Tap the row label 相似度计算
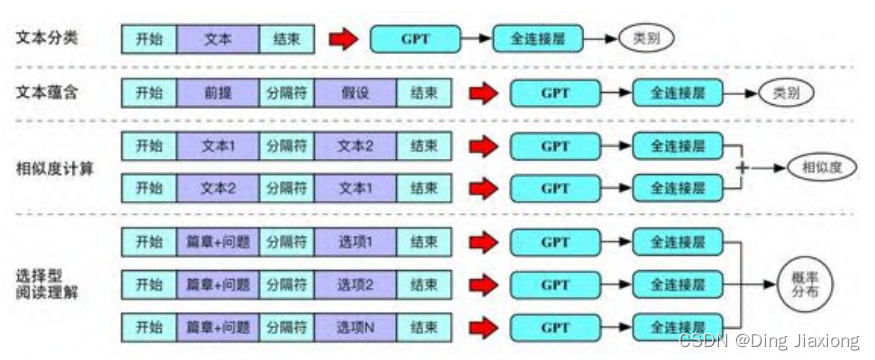[55, 167]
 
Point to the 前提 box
[218, 93]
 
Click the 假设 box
[355, 93]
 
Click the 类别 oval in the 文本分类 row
[645, 39]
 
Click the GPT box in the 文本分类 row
[415, 39]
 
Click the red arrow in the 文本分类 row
[343, 39]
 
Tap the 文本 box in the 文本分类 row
[217, 39]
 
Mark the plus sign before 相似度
[742, 167]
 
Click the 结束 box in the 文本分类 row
[286, 39]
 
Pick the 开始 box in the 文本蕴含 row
[149, 93]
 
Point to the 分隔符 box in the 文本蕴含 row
[286, 93]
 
